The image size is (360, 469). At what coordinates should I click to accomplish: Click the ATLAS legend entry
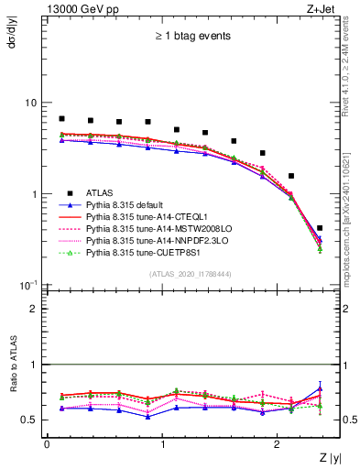pos(98,193)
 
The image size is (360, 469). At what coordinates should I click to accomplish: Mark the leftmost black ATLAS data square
pos(61,119)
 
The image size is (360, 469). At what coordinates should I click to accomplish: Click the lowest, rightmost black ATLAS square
pos(320,228)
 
